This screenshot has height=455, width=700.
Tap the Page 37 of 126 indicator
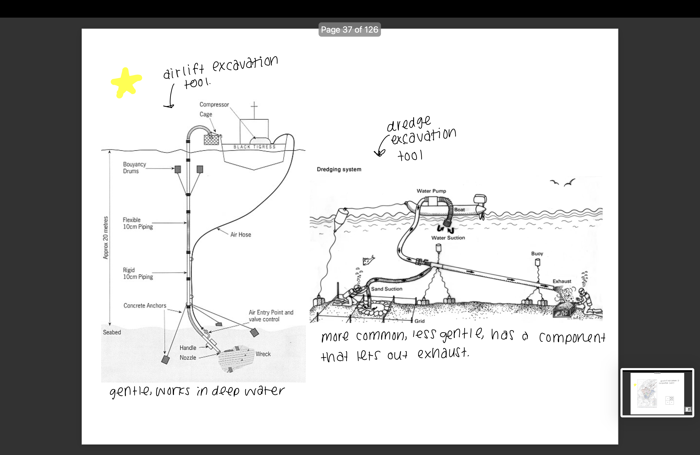pos(350,30)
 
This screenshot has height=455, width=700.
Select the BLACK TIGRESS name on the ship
pos(255,147)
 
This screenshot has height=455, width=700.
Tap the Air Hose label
pos(240,235)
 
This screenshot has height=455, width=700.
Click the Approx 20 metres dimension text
pos(105,237)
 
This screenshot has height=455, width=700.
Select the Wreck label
pos(263,354)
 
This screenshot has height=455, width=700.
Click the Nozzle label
pos(188,358)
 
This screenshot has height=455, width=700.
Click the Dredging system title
pos(339,169)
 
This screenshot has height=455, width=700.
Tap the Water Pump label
pos(431,191)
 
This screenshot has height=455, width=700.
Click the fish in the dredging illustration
pos(369,260)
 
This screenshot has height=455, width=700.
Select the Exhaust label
pos(562,281)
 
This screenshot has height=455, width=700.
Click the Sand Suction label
pos(386,289)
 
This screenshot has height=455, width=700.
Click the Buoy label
pos(537,254)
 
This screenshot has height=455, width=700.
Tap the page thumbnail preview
pos(657,393)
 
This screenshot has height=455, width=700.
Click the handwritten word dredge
pos(409,124)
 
